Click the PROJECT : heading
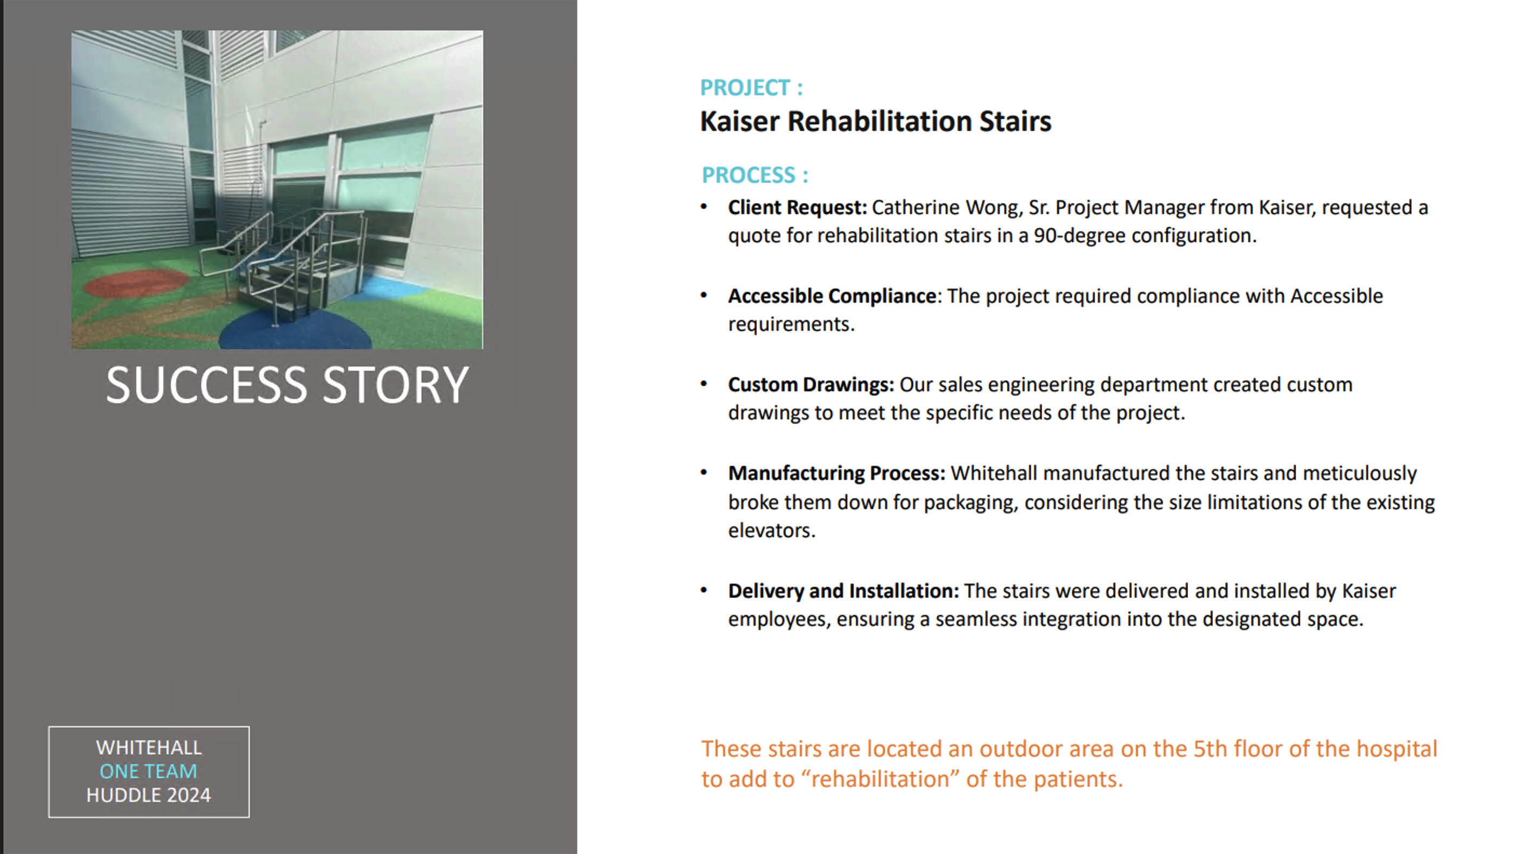(751, 88)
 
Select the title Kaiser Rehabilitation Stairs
(875, 121)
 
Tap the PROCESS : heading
(754, 175)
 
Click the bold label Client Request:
(797, 208)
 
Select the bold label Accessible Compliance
(832, 296)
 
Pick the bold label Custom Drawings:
(811, 384)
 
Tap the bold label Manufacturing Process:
(837, 473)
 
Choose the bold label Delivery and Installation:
(843, 591)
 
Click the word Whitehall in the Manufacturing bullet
(993, 473)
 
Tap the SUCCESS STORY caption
(288, 385)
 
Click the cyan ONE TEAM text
(149, 771)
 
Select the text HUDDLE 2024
(149, 796)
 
